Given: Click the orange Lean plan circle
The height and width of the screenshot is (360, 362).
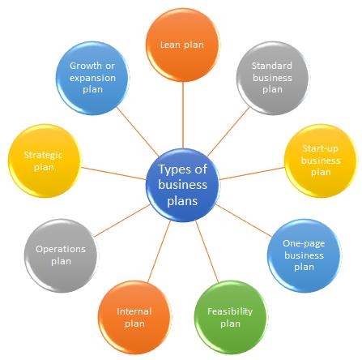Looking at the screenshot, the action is point(182,45).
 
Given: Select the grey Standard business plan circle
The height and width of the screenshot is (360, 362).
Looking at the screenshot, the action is point(273,78).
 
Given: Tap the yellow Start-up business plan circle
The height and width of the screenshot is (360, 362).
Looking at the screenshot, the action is point(321,161).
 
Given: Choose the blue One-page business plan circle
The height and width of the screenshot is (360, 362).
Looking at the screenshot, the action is point(305,255).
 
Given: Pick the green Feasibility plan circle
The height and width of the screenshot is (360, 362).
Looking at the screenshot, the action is point(231,317).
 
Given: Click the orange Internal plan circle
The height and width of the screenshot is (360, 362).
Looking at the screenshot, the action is point(134,317).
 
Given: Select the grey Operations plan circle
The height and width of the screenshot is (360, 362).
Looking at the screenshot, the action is point(61,255).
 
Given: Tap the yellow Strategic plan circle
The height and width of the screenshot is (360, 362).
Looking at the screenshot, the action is point(45,161).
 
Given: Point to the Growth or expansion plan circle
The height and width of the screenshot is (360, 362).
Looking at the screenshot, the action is point(92,78).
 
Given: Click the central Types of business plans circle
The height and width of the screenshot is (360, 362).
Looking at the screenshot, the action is point(182,185).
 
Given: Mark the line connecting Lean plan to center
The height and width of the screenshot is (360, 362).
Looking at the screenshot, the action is point(183,115).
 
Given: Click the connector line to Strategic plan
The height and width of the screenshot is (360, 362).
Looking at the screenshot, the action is point(113,174).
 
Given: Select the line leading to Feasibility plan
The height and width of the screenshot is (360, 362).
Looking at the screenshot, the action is point(207,251).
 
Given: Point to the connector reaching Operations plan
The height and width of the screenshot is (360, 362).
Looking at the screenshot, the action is point(122,221).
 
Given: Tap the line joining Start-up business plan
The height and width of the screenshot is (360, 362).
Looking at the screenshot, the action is point(252,174).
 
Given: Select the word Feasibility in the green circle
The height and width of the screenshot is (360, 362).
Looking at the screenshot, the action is point(230,311).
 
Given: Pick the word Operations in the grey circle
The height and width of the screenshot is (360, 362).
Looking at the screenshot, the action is point(61,249).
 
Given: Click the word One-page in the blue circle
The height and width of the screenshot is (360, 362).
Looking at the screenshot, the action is point(304,244).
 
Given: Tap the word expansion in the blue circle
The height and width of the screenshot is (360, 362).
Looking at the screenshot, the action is point(92,78).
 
